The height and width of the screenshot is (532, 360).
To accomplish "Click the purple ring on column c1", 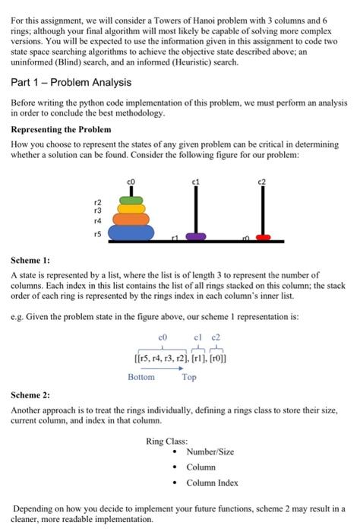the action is pyautogui.click(x=196, y=236).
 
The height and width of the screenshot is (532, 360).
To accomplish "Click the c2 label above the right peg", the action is pyautogui.click(x=263, y=180).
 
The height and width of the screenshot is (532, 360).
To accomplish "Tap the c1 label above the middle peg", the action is pyautogui.click(x=195, y=180).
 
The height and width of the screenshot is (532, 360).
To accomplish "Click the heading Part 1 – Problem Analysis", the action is pyautogui.click(x=60, y=82).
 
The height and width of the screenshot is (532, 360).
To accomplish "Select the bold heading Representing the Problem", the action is pyautogui.click(x=61, y=129).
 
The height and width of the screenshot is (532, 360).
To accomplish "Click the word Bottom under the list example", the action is pyautogui.click(x=141, y=377).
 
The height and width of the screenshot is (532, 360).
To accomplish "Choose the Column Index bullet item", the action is pyautogui.click(x=213, y=483).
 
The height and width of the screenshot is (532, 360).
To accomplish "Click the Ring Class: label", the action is pyautogui.click(x=167, y=440).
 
